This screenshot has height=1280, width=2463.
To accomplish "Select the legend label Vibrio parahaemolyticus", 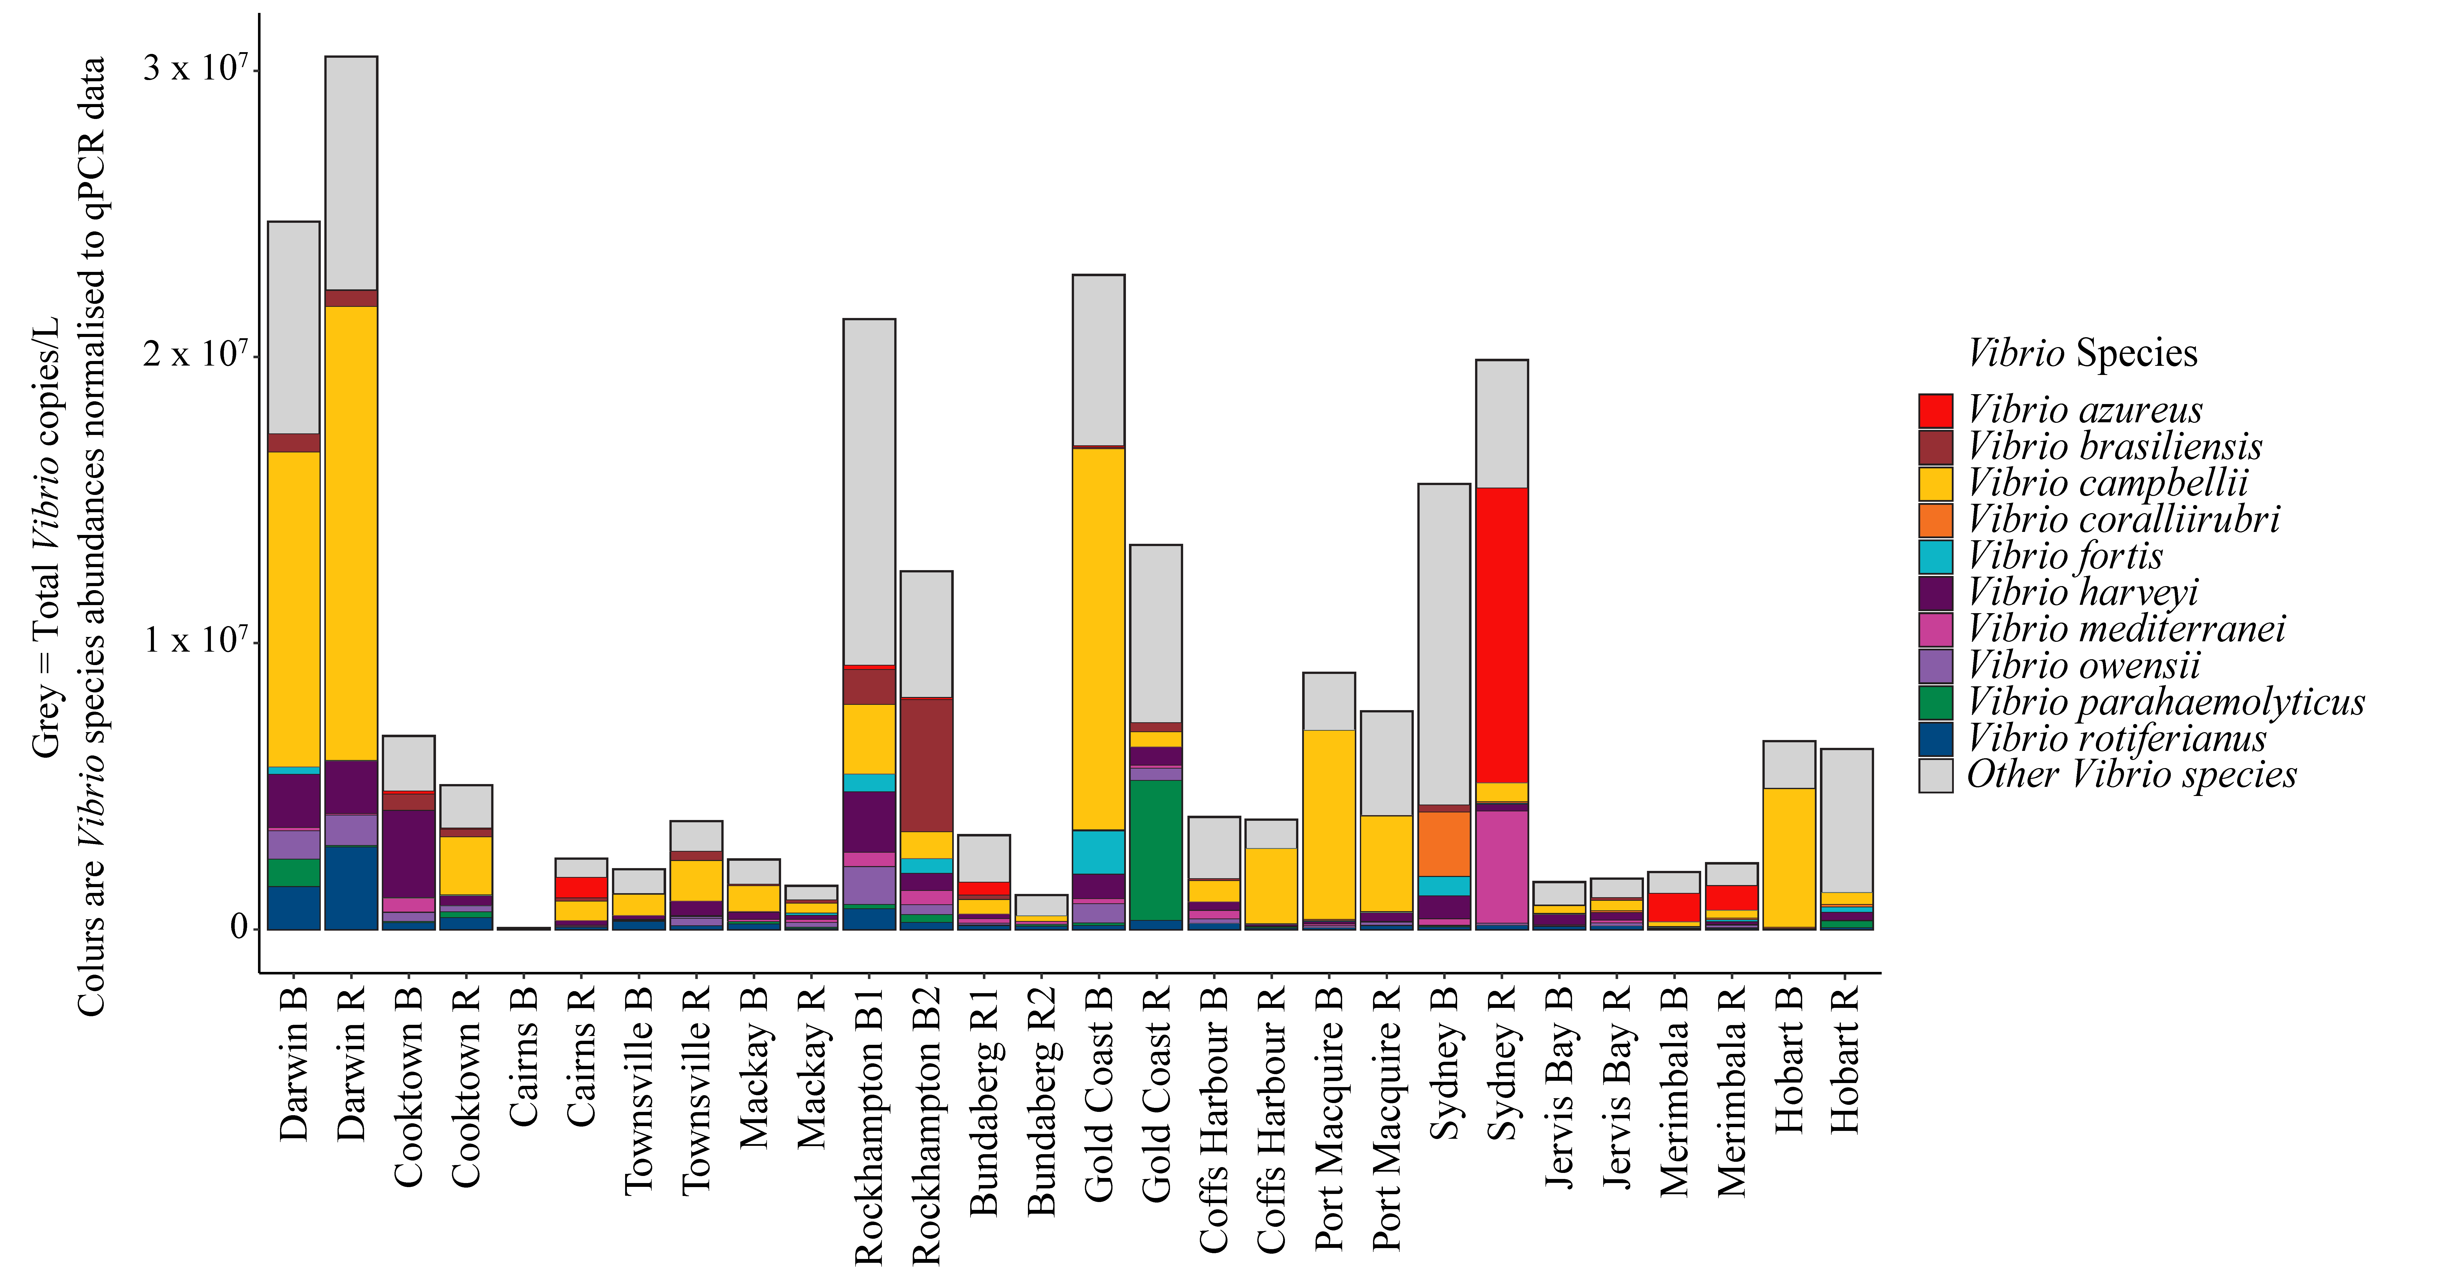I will coord(2166,702).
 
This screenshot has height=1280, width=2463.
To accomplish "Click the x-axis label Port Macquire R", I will coord(1386,1118).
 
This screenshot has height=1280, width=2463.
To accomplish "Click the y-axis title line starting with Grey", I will coord(46,535).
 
